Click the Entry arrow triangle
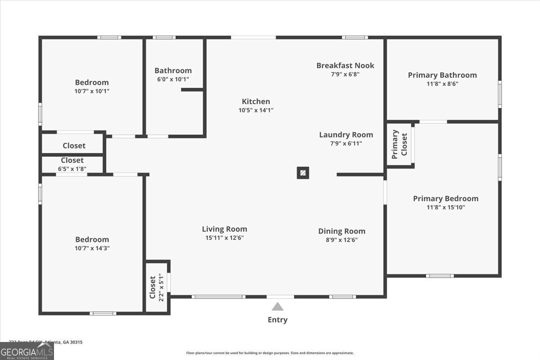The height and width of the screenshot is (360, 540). tap(278, 307)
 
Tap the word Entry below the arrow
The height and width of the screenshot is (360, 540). tap(278, 320)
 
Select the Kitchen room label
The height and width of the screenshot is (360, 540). tap(256, 102)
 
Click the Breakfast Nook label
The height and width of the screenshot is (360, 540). tap(345, 66)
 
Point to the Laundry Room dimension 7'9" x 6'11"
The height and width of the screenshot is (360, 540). tap(346, 144)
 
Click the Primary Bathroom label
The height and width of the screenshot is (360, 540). tap(442, 75)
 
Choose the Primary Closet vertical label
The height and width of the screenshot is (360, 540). tap(400, 144)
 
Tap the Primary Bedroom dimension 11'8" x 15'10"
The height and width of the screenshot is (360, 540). tap(445, 207)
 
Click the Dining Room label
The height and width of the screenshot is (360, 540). tap(342, 231)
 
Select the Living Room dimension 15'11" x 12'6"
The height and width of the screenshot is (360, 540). tap(225, 238)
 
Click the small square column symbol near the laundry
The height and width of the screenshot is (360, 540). tap(303, 173)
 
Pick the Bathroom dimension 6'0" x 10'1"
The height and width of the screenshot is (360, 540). tap(173, 79)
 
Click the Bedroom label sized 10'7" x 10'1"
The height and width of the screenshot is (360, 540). tap(92, 82)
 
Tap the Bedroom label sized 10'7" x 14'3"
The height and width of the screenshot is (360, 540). tap(92, 240)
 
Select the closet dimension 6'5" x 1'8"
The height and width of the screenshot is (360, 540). tap(72, 169)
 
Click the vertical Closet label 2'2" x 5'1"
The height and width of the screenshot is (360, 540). tap(153, 287)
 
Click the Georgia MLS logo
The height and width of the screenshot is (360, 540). tap(27, 351)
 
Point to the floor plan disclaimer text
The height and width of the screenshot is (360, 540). tap(270, 353)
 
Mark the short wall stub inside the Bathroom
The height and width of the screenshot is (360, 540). tap(192, 90)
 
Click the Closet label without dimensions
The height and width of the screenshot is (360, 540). tap(74, 146)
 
